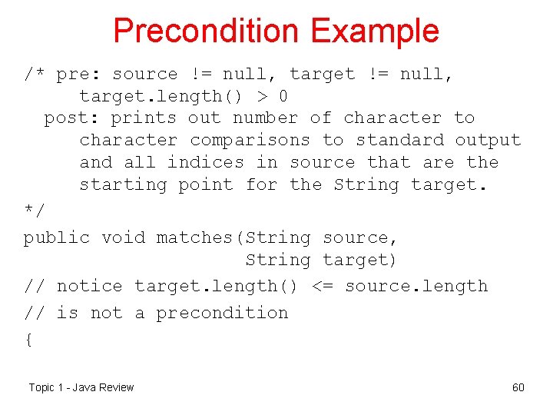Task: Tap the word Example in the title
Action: [375, 32]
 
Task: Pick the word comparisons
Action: [250, 141]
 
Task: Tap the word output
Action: [488, 141]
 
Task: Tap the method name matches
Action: [195, 238]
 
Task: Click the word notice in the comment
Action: [89, 287]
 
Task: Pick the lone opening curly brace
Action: [28, 340]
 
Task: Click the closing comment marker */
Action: [34, 209]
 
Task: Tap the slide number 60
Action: [518, 387]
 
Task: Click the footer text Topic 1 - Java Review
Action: [81, 387]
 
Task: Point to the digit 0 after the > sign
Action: [283, 97]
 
